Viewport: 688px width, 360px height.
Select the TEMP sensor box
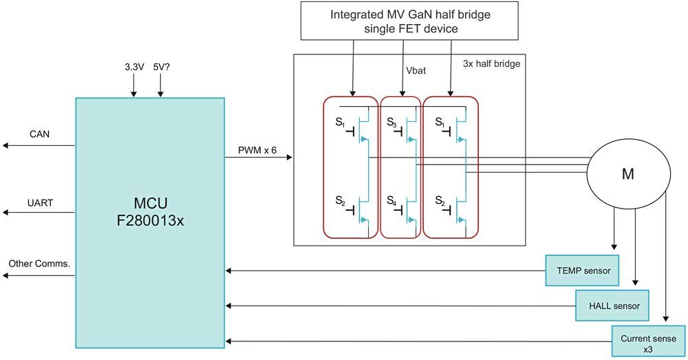582,271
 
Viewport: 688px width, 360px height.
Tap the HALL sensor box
612,306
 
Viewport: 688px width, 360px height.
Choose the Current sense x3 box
649,343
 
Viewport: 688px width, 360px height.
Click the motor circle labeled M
627,175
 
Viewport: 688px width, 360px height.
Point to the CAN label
39,134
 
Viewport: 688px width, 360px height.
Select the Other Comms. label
39,264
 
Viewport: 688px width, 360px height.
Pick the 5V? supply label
160,68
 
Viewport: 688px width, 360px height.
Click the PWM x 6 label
256,149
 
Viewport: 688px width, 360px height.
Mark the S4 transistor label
391,202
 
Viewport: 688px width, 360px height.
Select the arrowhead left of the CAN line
5,145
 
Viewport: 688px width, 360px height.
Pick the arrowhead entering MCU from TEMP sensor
229,271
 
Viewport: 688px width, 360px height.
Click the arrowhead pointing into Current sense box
665,320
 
